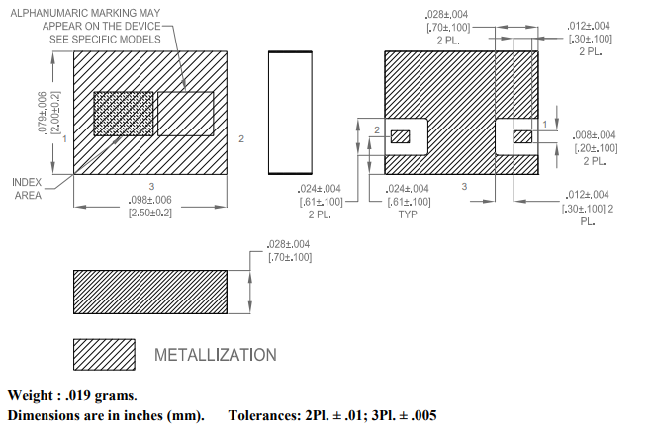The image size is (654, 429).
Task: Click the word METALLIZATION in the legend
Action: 215,354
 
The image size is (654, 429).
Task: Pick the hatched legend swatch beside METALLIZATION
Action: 104,353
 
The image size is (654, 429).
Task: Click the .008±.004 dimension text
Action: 595,134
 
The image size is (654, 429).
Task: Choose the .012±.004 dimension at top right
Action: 591,26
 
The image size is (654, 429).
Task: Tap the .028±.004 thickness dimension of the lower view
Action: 289,244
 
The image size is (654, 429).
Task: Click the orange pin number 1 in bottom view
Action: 545,122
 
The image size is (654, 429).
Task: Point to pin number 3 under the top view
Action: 150,186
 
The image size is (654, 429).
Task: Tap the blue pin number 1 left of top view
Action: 64,140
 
